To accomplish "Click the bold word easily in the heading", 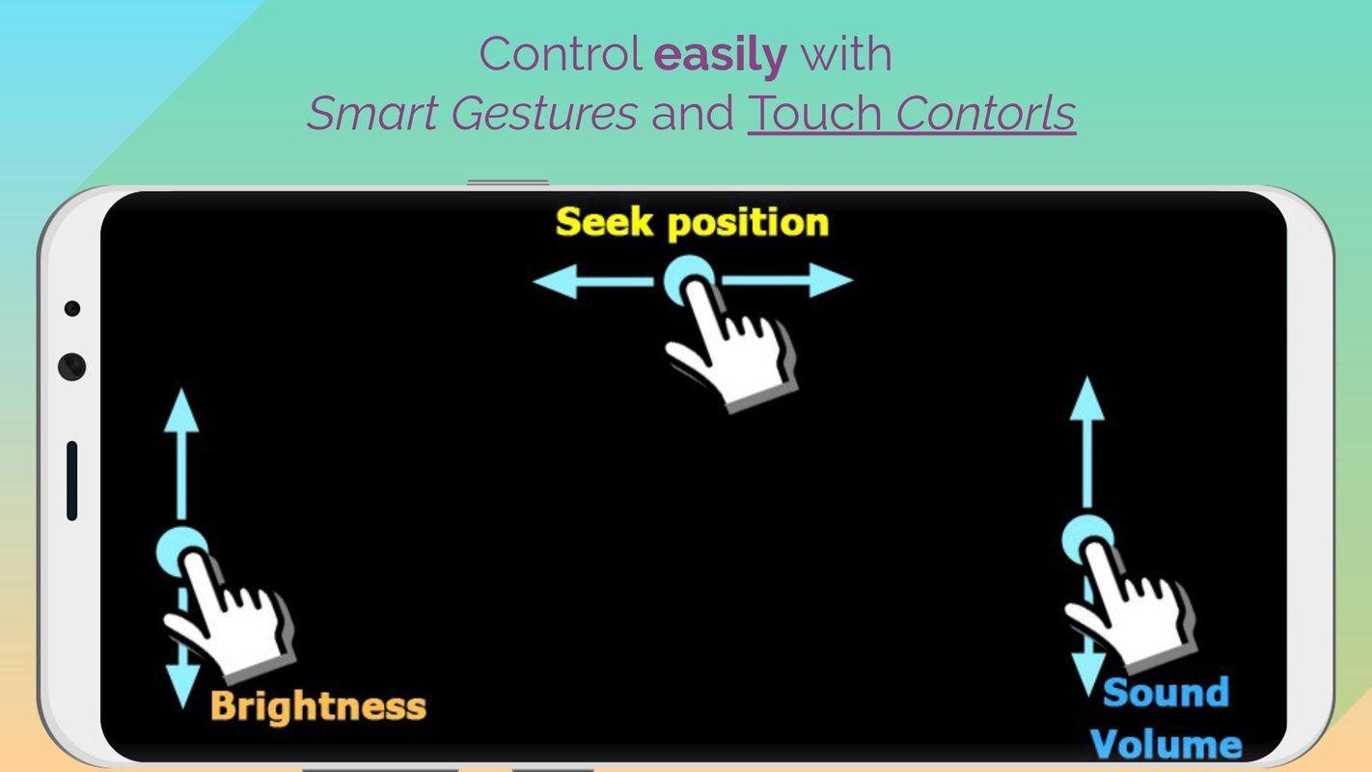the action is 721,56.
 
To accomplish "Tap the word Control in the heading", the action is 560,55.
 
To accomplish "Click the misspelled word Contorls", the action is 985,113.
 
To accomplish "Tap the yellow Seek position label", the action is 692,222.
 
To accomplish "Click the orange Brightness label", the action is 318,705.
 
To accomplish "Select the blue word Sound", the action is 1166,692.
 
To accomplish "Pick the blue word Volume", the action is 1166,744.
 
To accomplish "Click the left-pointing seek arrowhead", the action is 555,281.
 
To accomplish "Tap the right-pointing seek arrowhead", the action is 831,281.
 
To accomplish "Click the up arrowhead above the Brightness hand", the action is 181,410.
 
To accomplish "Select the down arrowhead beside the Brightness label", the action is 182,685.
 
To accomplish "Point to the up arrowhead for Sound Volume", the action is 1087,399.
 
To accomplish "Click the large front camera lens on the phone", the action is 71,367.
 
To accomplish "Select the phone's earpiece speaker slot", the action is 71,481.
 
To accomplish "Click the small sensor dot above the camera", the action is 72,308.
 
